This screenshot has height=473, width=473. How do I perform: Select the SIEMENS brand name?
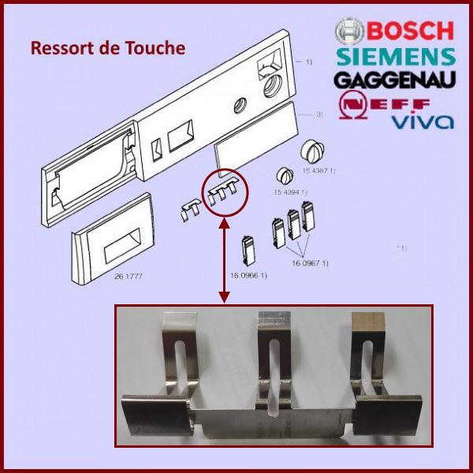tap(395, 57)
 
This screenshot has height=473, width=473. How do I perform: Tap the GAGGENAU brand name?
tap(395, 80)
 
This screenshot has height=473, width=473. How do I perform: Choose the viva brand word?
tap(423, 121)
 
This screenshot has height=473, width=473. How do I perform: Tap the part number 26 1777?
tap(109, 277)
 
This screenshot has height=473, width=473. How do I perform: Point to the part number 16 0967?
tap(313, 263)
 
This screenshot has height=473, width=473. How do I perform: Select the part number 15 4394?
tap(290, 192)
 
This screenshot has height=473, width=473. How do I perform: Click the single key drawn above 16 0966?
tap(248, 249)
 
